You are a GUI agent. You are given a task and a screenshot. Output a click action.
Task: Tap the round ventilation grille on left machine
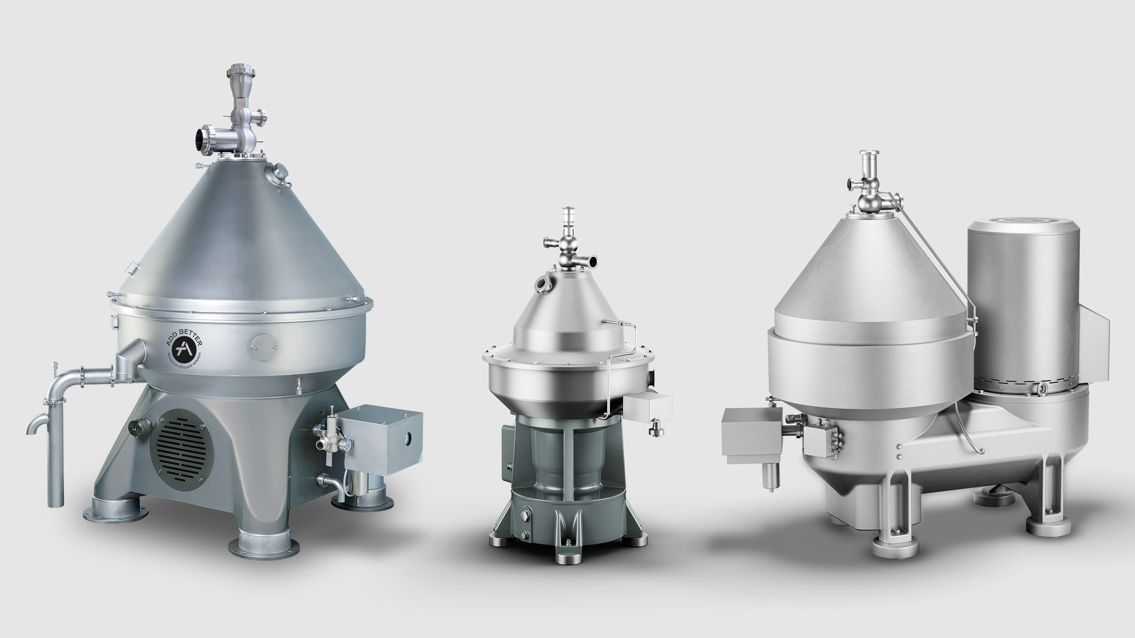[x=182, y=441]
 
